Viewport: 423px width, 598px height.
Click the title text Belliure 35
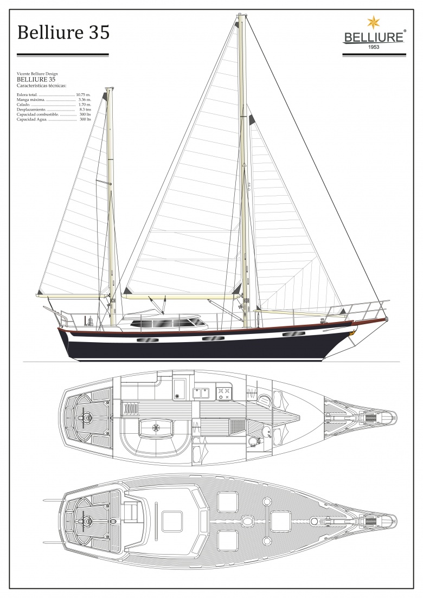point(63,32)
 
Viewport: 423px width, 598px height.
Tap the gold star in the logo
point(374,23)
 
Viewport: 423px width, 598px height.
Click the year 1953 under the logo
point(374,47)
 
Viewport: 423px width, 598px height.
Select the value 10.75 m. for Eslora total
point(84,94)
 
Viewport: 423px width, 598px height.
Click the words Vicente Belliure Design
point(37,74)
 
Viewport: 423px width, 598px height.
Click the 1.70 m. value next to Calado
point(85,104)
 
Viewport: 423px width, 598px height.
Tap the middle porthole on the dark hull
point(211,338)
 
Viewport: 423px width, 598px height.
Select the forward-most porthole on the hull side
point(291,335)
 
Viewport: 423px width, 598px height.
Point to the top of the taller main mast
point(241,16)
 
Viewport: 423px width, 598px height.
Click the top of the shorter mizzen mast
point(108,89)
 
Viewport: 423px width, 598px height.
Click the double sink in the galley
point(201,393)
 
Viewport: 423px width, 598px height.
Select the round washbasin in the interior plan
point(253,442)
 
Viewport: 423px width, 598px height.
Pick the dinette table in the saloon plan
point(156,427)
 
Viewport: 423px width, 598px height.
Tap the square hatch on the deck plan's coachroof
point(171,522)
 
